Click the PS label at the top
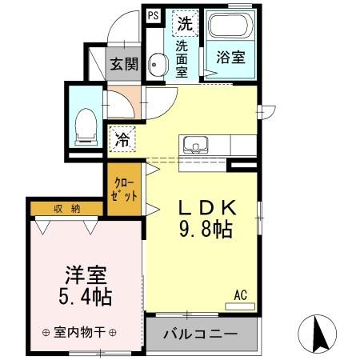click(153, 14)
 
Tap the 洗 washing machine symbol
click(185, 22)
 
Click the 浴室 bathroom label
click(229, 58)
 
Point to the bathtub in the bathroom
click(230, 29)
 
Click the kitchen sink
click(195, 146)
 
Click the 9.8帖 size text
click(205, 230)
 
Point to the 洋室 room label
click(86, 273)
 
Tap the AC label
click(241, 294)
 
